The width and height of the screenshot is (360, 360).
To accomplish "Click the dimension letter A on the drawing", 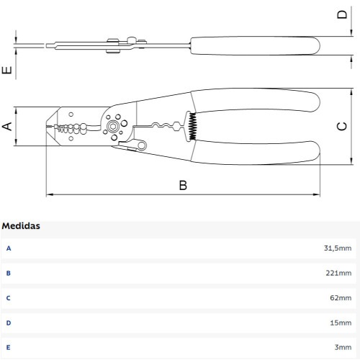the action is (7, 126).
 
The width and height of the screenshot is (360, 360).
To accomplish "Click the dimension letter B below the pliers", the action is (183, 185).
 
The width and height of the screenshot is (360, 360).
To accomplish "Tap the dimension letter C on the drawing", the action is (342, 126).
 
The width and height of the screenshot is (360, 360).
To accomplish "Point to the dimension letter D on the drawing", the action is (342, 14).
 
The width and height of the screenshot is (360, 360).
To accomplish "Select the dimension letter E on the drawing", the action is (6, 70).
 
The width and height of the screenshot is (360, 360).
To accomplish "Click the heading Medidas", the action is (21, 226).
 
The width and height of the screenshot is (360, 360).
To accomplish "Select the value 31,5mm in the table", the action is (338, 248).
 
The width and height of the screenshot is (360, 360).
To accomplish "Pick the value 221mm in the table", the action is (338, 273).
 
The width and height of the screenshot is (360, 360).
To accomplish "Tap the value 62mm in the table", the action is (341, 298).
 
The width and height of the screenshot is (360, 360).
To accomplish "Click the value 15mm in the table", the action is (341, 323).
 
